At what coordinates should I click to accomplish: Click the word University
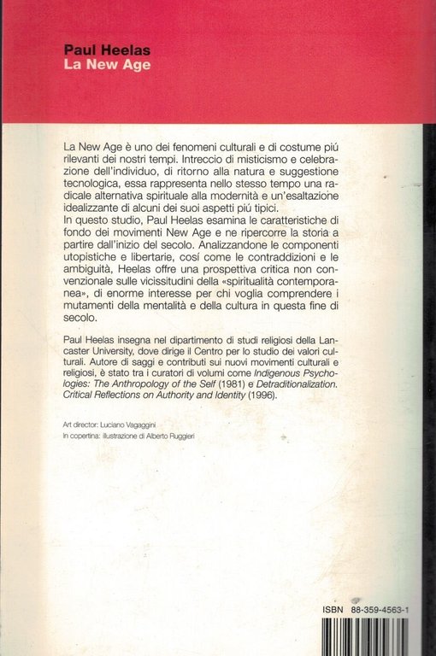pyautogui.click(x=135, y=395)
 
